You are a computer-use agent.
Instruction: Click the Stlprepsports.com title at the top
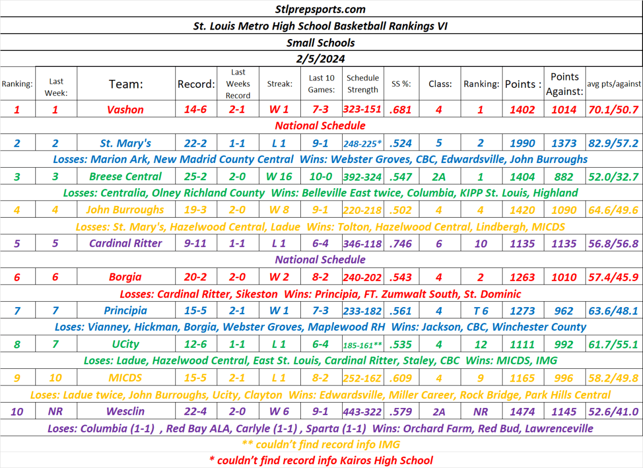pyautogui.click(x=321, y=9)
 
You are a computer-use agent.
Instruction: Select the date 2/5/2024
pyautogui.click(x=321, y=58)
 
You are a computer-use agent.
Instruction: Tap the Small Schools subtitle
pyautogui.click(x=321, y=42)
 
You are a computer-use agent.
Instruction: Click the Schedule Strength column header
pyautogui.click(x=363, y=84)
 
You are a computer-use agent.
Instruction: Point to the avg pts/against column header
pyautogui.click(x=614, y=84)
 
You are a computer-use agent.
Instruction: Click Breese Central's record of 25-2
pyautogui.click(x=196, y=176)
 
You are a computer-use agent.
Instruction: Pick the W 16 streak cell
pyautogui.click(x=279, y=176)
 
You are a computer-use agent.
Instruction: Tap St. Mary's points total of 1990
pyautogui.click(x=522, y=143)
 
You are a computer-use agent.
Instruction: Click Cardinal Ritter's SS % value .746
pyautogui.click(x=401, y=243)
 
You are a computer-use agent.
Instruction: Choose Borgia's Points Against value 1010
pyautogui.click(x=564, y=277)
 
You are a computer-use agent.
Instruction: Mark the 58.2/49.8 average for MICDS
pyautogui.click(x=614, y=378)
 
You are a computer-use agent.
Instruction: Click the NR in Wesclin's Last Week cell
pyautogui.click(x=56, y=412)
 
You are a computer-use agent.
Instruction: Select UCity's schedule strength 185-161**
pyautogui.click(x=363, y=344)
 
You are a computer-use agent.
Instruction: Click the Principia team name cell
pyautogui.click(x=125, y=310)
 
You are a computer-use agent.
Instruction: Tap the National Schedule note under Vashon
pyautogui.click(x=320, y=126)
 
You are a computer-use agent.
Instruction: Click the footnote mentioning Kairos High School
pyautogui.click(x=321, y=460)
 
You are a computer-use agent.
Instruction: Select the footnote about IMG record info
pyautogui.click(x=321, y=444)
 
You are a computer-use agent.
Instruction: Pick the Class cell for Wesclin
pyautogui.click(x=439, y=412)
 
